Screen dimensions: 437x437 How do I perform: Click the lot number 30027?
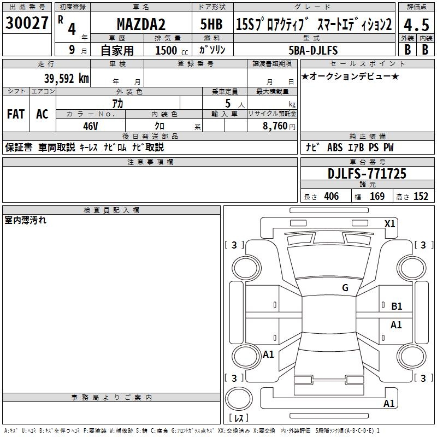[27, 22]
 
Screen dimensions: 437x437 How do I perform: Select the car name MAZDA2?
[141, 24]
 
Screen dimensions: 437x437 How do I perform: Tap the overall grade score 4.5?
[416, 25]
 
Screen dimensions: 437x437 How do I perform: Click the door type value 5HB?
[211, 24]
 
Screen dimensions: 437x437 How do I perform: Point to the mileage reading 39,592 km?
[67, 78]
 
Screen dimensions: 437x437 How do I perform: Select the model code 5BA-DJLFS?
[313, 50]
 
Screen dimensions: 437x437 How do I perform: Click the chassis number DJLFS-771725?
[367, 173]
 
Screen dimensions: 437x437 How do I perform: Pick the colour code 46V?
[91, 126]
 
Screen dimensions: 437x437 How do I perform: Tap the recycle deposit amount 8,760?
[275, 126]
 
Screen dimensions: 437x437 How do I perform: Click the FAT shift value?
[16, 114]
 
